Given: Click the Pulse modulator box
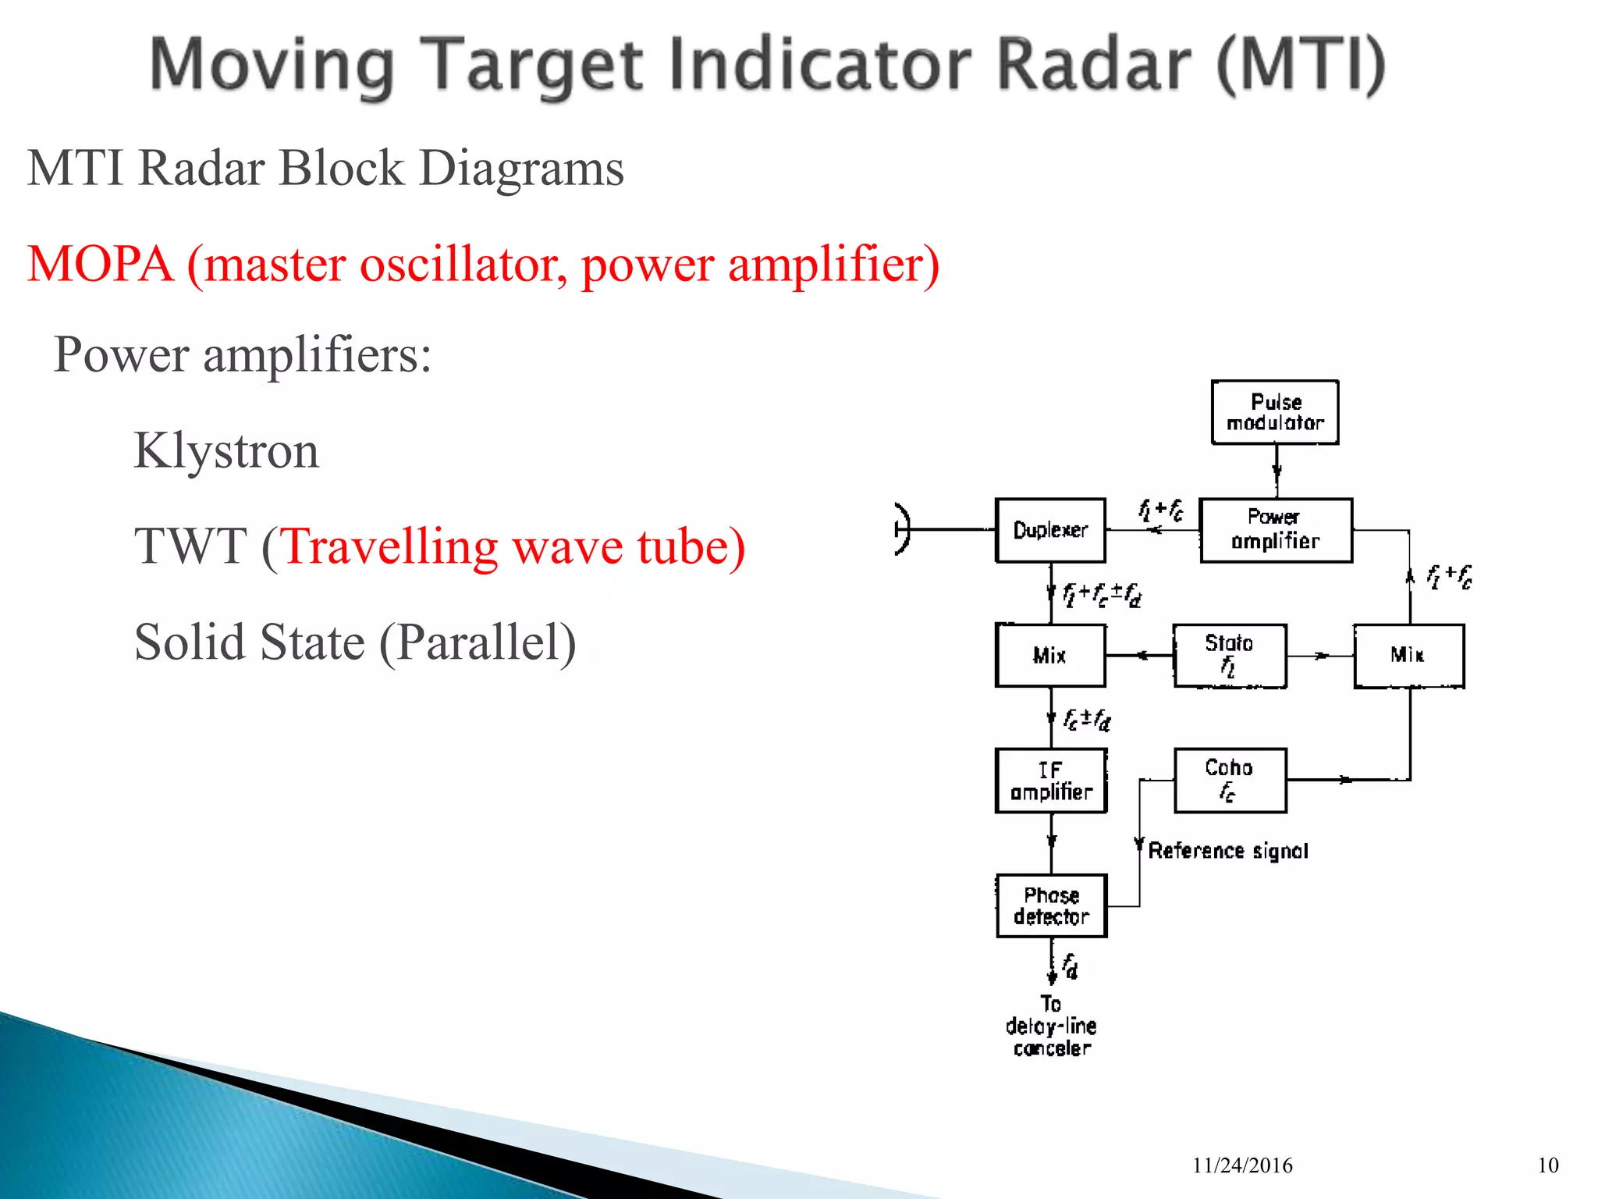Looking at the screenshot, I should click(x=1275, y=412).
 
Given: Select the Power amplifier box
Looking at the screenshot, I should click(x=1276, y=530).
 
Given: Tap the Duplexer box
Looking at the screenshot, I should click(x=1050, y=530).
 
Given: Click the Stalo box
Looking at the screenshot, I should click(x=1230, y=656).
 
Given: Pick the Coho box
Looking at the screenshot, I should click(x=1230, y=780).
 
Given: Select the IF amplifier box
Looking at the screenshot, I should click(x=1051, y=781).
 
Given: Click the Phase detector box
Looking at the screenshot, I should click(x=1051, y=905).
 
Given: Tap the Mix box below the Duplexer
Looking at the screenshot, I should click(x=1050, y=656).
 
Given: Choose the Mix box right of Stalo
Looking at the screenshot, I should click(x=1408, y=656).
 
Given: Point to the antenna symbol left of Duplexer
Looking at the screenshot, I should click(x=903, y=529).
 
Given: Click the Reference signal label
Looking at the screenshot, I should click(x=1228, y=850).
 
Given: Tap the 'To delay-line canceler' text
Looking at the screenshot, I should click(x=1051, y=1026).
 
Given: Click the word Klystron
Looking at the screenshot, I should click(x=226, y=450).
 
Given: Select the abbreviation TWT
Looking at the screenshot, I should click(x=190, y=546).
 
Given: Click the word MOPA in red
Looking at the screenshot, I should click(x=100, y=264).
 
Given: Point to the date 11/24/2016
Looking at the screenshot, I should click(x=1242, y=1165).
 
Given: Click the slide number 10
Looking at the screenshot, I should click(x=1548, y=1165).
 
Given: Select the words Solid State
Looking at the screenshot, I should click(x=250, y=642).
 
